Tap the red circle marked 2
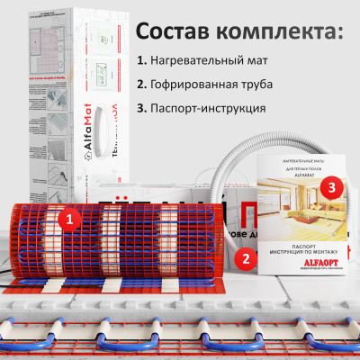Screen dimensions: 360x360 point(241,257)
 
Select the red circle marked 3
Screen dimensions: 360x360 point(332,187)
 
